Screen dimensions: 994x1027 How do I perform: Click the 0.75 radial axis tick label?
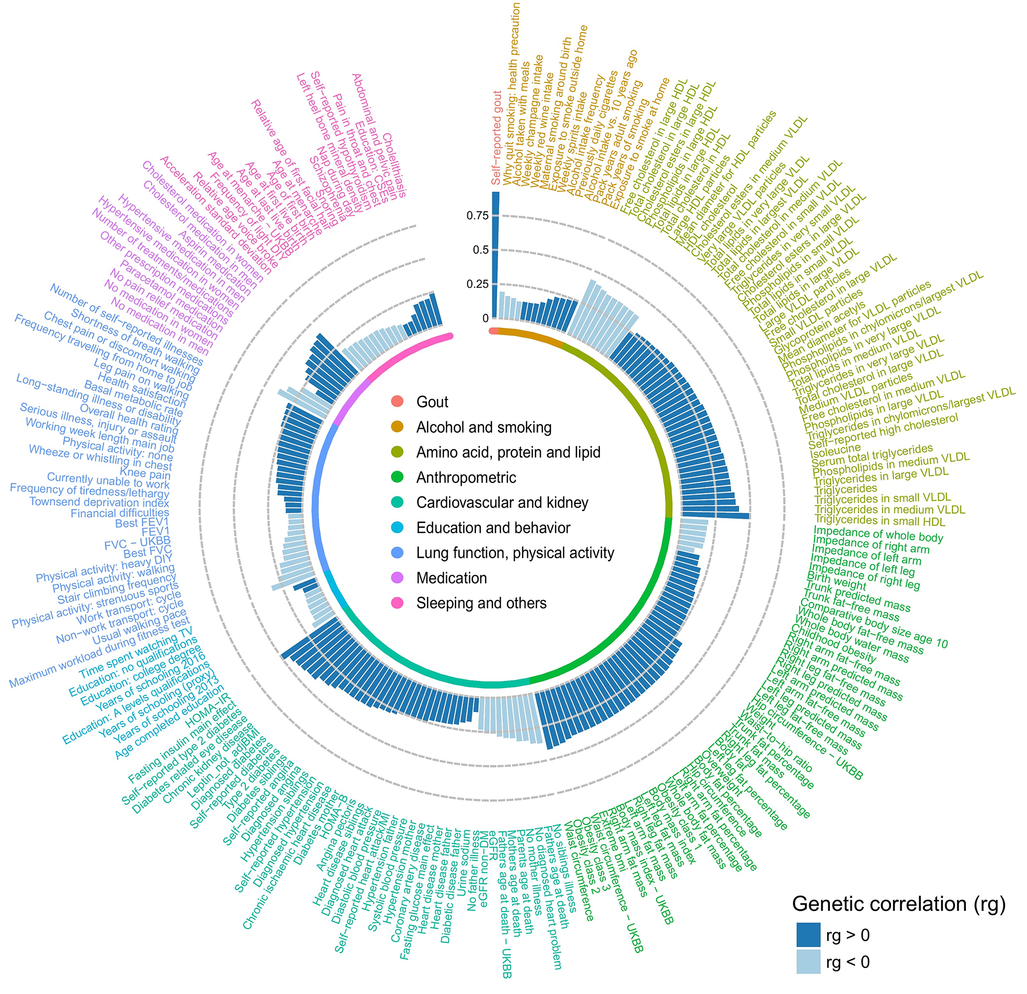477,215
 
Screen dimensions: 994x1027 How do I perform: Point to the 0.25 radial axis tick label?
477,284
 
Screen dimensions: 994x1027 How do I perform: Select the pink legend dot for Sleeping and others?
397,603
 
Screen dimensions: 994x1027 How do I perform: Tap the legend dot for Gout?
397,402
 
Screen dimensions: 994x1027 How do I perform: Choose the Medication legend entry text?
451,578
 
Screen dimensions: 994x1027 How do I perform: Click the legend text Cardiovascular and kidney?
502,502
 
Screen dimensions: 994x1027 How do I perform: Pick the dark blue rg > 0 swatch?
808,935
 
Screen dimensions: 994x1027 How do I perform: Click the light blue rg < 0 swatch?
808,962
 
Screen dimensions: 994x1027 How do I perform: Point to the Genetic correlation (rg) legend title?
899,904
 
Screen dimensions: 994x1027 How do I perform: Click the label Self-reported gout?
497,138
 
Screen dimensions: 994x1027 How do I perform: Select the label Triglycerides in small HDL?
880,521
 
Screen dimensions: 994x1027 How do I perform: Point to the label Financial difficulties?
120,513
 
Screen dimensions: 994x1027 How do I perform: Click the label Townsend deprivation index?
99,502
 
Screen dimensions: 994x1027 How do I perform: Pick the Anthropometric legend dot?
397,477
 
